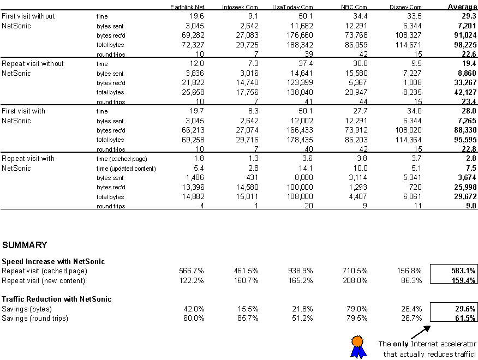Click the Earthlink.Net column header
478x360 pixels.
(x=187, y=7)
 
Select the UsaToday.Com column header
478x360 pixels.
(x=292, y=7)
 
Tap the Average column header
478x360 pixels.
(x=462, y=7)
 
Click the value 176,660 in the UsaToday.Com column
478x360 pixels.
(x=300, y=35)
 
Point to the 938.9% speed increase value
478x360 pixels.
(x=301, y=271)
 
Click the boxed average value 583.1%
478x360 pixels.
(x=463, y=271)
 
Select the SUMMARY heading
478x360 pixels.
(x=25, y=245)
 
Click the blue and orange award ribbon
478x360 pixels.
(x=358, y=347)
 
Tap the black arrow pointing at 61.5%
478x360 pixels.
(x=421, y=332)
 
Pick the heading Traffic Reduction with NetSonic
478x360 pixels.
(x=57, y=299)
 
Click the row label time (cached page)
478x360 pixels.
(x=122, y=159)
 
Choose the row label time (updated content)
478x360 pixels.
(x=126, y=169)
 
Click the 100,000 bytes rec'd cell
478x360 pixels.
(x=300, y=187)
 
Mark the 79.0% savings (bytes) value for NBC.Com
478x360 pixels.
(x=357, y=309)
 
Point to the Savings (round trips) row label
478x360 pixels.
(x=35, y=319)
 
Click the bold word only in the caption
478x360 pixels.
(x=401, y=344)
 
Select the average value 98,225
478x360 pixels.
(x=465, y=45)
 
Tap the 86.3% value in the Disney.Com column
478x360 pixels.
(x=411, y=280)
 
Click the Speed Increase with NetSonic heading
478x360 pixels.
(x=53, y=261)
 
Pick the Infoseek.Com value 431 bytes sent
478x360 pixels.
(x=252, y=178)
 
